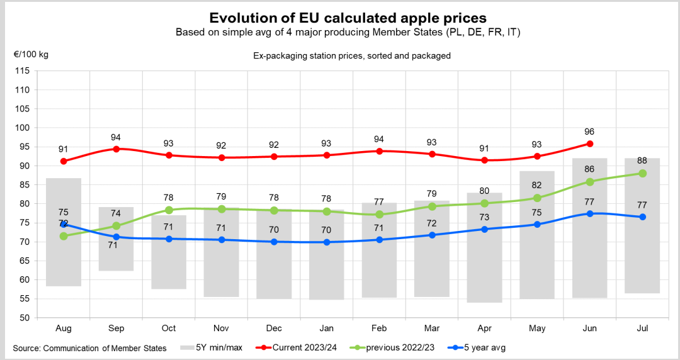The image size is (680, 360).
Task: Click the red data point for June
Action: (x=590, y=143)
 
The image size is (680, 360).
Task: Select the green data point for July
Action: (x=643, y=173)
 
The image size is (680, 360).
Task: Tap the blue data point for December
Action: (x=274, y=242)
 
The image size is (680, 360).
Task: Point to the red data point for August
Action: (x=64, y=161)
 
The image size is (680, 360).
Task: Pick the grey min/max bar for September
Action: (x=116, y=239)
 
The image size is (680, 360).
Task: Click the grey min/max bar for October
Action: (x=169, y=252)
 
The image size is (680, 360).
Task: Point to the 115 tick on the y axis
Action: (x=22, y=70)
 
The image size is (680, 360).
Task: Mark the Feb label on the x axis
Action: (x=379, y=329)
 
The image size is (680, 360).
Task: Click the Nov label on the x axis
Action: (x=222, y=329)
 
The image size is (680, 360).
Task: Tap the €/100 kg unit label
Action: (x=31, y=54)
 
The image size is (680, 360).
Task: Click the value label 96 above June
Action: (x=589, y=132)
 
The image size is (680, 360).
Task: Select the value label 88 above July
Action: (x=642, y=160)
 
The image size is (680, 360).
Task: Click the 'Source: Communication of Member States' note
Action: (x=90, y=348)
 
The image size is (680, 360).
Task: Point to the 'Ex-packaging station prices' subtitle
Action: (x=352, y=56)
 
